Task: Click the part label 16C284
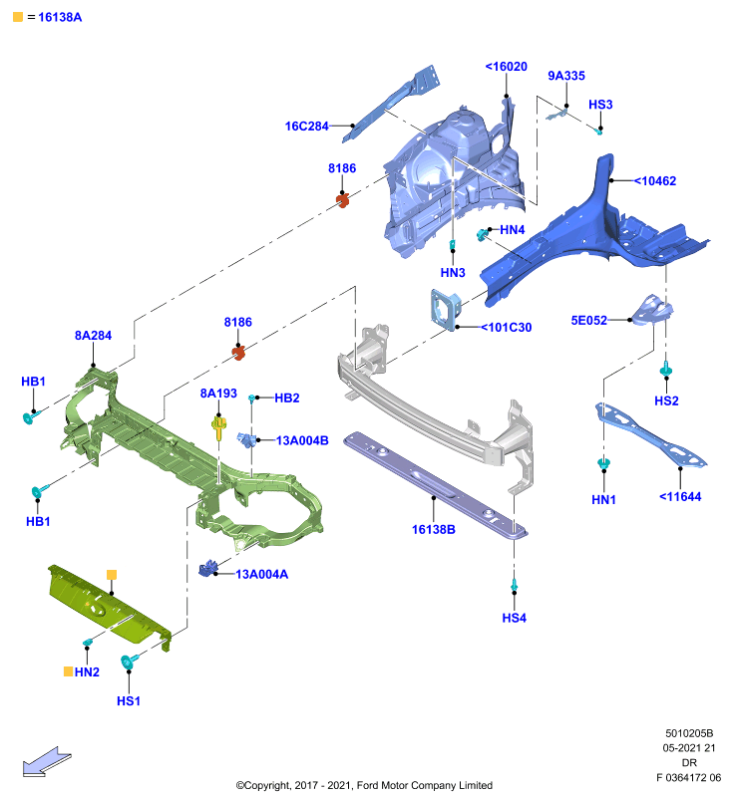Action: pyautogui.click(x=307, y=127)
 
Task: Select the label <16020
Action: pyautogui.click(x=507, y=67)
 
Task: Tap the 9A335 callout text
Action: pyautogui.click(x=566, y=76)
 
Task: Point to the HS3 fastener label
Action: pyautogui.click(x=600, y=105)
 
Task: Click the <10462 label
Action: pyautogui.click(x=655, y=181)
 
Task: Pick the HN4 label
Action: pyautogui.click(x=512, y=230)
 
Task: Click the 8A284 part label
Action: pyautogui.click(x=93, y=336)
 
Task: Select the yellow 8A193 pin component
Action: pyautogui.click(x=218, y=428)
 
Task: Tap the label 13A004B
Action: pyautogui.click(x=302, y=440)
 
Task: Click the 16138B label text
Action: pyautogui.click(x=434, y=530)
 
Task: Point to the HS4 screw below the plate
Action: pyautogui.click(x=515, y=586)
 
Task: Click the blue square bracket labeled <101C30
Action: pyautogui.click(x=446, y=310)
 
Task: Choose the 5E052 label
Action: pyautogui.click(x=589, y=320)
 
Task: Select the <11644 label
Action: pyautogui.click(x=680, y=497)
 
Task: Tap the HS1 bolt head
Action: pyautogui.click(x=129, y=662)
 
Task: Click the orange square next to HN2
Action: pyautogui.click(x=68, y=671)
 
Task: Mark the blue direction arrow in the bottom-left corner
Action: pyautogui.click(x=47, y=761)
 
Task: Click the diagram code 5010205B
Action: pyautogui.click(x=689, y=733)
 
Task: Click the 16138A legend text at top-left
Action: pyautogui.click(x=60, y=17)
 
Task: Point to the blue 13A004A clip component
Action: pyautogui.click(x=208, y=568)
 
